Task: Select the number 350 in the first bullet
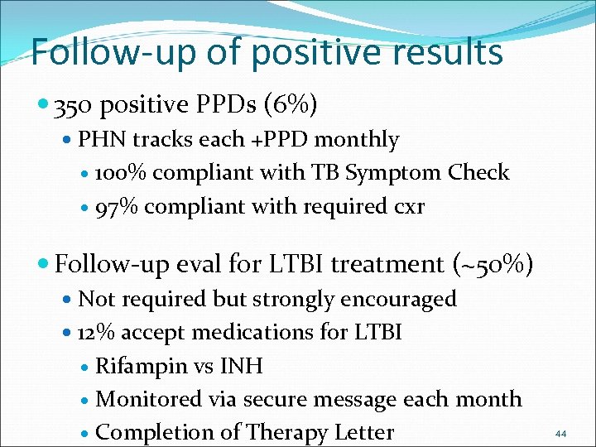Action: pos(72,106)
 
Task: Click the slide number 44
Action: pos(560,434)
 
